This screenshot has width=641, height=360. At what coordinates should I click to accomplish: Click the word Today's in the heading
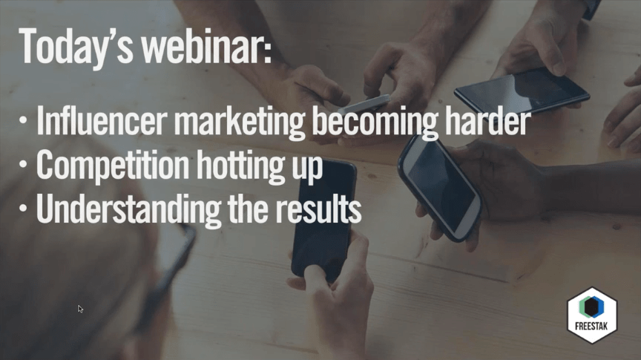coord(76,47)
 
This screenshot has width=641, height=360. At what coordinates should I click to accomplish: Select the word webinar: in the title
coord(206,45)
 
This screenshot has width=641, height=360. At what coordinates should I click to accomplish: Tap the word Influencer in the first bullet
coord(102,121)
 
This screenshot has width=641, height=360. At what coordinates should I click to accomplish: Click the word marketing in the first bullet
coord(240,122)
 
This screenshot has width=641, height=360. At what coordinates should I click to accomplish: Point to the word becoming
coord(375,122)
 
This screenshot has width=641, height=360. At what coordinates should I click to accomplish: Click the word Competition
coord(113,165)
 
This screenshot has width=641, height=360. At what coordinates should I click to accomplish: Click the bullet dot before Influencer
coord(23,121)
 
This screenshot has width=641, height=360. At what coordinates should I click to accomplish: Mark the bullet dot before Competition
coord(23,165)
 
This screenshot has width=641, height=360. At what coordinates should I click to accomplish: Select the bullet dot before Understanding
coord(23,209)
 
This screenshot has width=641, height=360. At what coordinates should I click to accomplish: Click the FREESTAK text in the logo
coord(591,326)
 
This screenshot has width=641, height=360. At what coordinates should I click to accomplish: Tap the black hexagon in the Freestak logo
coord(591,307)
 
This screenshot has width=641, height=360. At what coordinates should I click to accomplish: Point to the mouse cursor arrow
coord(80,309)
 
